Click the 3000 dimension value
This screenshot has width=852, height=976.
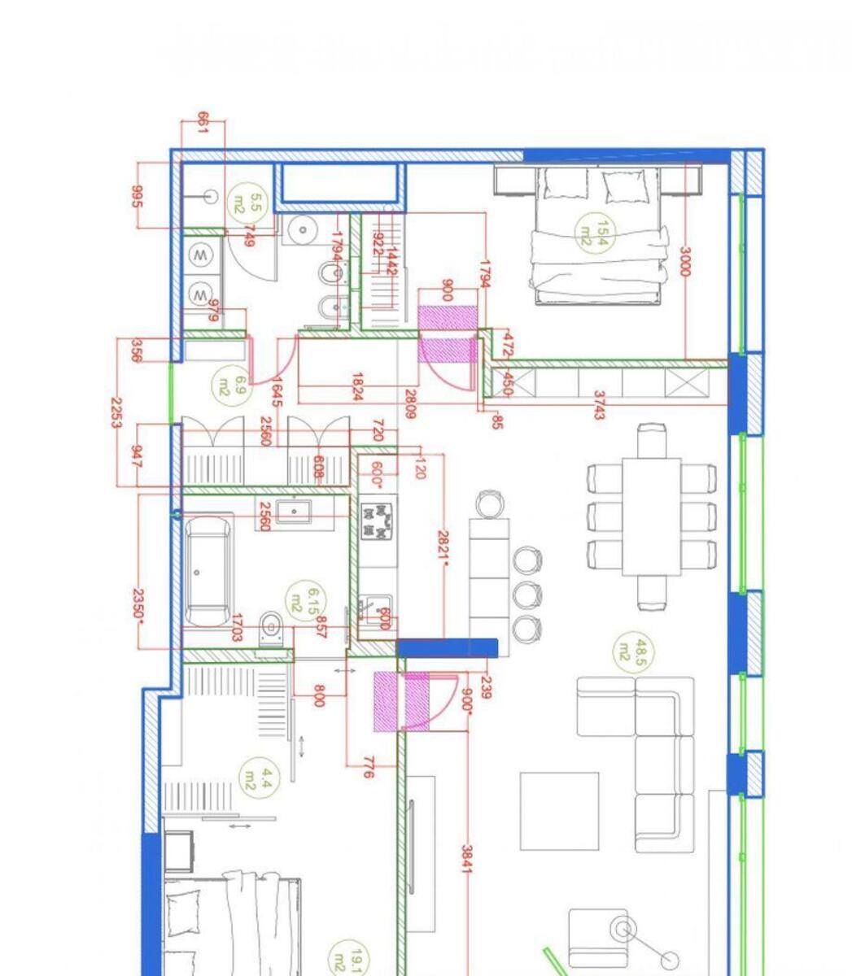coord(684,262)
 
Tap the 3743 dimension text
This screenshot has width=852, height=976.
coord(599,405)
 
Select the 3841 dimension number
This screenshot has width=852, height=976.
coord(467,859)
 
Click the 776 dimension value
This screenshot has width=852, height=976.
coord(367,767)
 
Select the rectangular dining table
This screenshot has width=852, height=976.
coord(651,516)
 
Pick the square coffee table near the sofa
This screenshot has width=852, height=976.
coord(559,811)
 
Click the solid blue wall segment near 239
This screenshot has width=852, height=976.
coord(447,648)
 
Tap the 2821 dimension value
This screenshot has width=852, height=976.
coord(443,545)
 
